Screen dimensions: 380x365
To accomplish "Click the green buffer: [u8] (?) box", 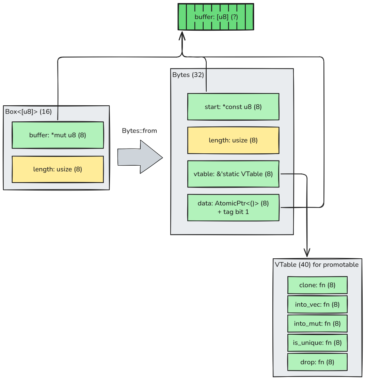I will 216,17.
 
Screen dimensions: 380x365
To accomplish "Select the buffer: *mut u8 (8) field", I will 58,135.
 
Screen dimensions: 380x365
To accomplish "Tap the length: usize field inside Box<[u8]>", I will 58,169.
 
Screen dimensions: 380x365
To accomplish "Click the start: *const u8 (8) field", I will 233,107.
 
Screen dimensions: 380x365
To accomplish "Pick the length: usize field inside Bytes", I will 233,140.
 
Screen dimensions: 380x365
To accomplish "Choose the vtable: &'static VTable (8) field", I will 233,174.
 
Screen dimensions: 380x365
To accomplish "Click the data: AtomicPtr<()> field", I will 233,204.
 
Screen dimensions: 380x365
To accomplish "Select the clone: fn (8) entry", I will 317,285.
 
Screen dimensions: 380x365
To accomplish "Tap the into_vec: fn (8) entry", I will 317,304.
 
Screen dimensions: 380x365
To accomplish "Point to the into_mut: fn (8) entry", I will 317,323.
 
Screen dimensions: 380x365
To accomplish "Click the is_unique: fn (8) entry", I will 317,343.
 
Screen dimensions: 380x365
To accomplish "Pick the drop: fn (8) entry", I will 317,362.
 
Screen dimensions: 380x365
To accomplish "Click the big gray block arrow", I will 140,157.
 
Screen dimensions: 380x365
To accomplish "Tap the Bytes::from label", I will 139,131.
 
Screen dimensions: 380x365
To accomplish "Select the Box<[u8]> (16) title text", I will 28,111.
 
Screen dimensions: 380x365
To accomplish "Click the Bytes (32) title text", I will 188,75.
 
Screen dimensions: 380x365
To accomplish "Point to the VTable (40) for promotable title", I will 317,264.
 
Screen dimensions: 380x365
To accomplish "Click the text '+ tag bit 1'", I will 233,212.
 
